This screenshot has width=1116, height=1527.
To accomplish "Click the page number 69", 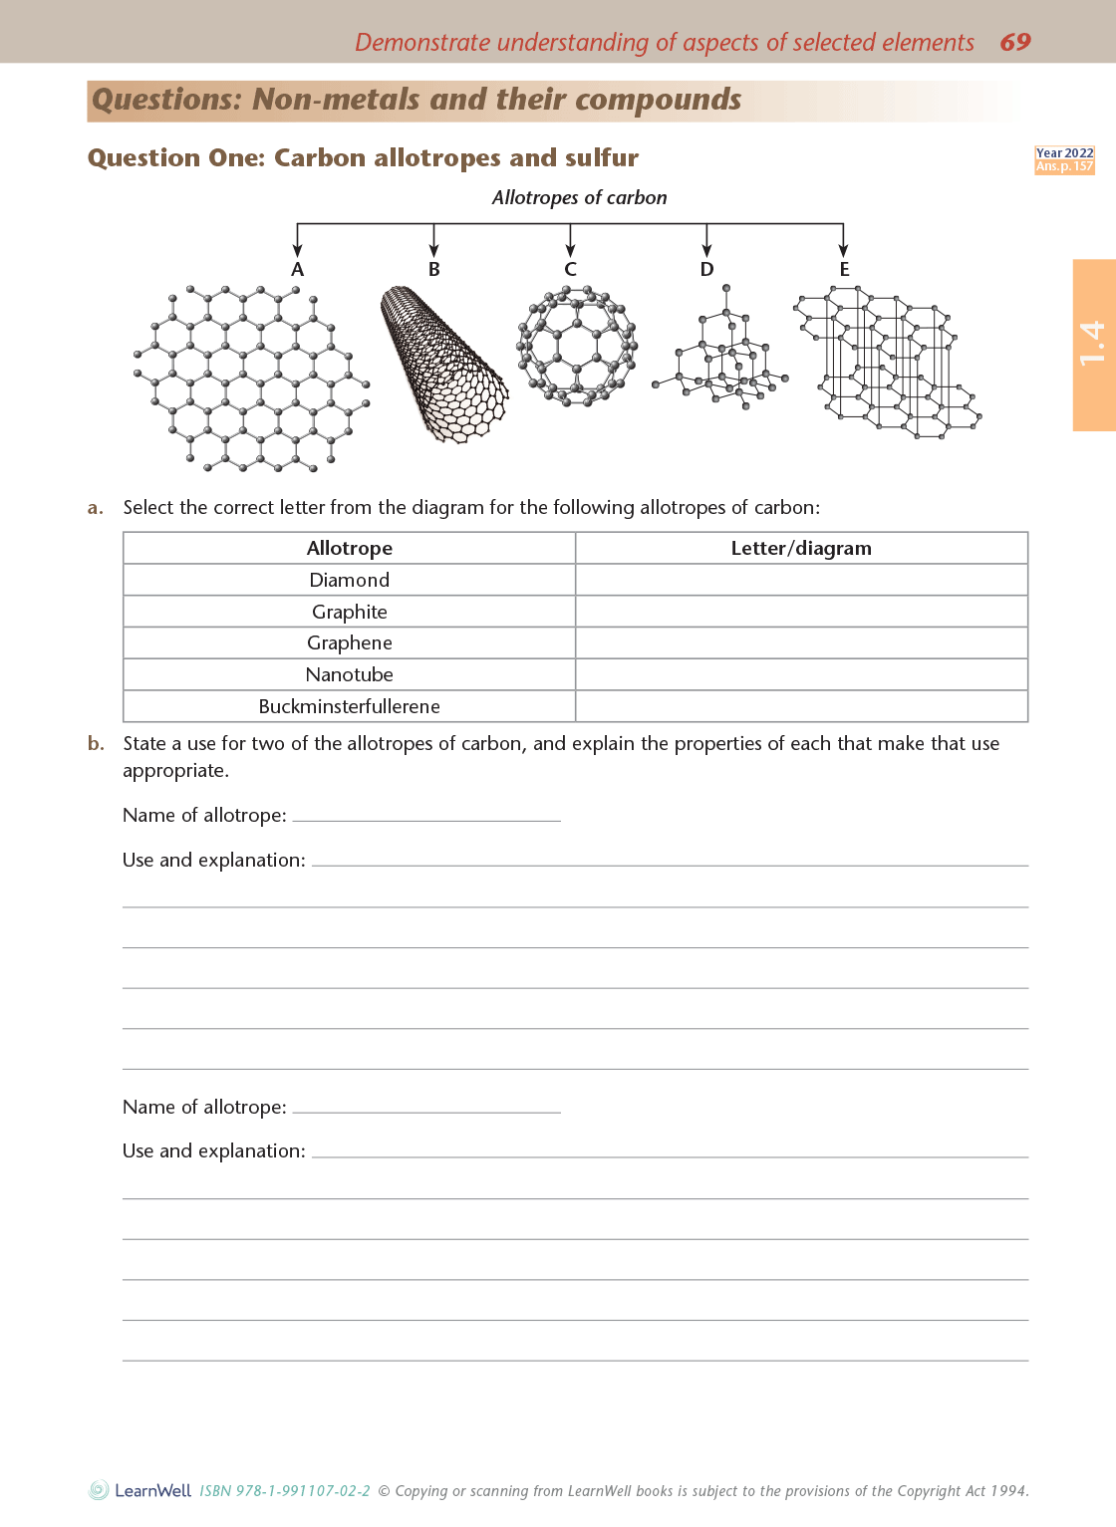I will tap(1014, 42).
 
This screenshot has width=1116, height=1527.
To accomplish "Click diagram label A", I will tap(297, 270).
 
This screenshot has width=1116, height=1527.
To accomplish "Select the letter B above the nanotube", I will tap(433, 270).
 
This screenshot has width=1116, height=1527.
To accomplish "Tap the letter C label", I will tap(570, 270).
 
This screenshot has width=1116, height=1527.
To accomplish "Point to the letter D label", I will tap(706, 270).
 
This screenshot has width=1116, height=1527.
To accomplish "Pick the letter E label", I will tap(844, 270).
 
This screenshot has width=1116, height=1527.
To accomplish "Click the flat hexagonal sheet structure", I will tap(251, 379).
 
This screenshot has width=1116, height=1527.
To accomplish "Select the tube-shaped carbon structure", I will tap(443, 364).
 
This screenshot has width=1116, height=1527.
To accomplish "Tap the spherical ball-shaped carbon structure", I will tap(576, 345).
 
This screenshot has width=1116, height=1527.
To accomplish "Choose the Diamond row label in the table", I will tap(349, 580).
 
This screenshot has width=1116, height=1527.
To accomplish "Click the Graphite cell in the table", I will tap(349, 612).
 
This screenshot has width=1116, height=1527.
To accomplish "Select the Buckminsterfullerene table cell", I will tap(349, 706).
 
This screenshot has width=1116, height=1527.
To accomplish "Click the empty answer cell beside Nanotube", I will tap(801, 674).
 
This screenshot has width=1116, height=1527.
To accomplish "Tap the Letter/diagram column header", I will tap(801, 548).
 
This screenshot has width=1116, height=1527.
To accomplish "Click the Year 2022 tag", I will tap(1064, 153).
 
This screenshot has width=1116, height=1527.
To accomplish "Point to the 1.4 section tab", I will tap(1093, 344).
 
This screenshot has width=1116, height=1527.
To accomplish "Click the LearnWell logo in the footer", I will tap(140, 1490).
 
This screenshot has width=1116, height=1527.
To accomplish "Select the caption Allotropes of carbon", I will tap(579, 197).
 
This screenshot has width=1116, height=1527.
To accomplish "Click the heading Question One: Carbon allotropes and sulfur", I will tap(363, 158).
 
